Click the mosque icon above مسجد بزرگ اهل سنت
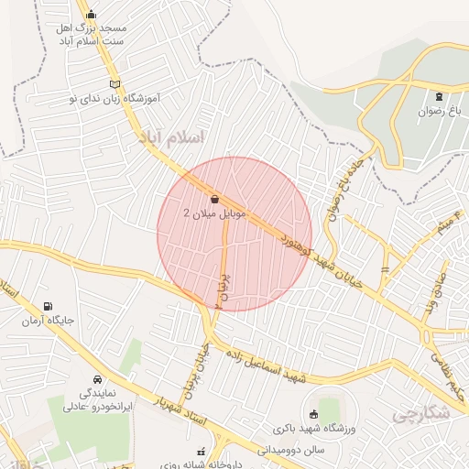[90, 14]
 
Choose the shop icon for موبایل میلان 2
[213, 198]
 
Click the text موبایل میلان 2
[204, 213]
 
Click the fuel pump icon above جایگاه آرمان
[47, 307]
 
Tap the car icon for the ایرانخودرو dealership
[97, 379]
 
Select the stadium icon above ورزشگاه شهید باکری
[315, 415]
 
